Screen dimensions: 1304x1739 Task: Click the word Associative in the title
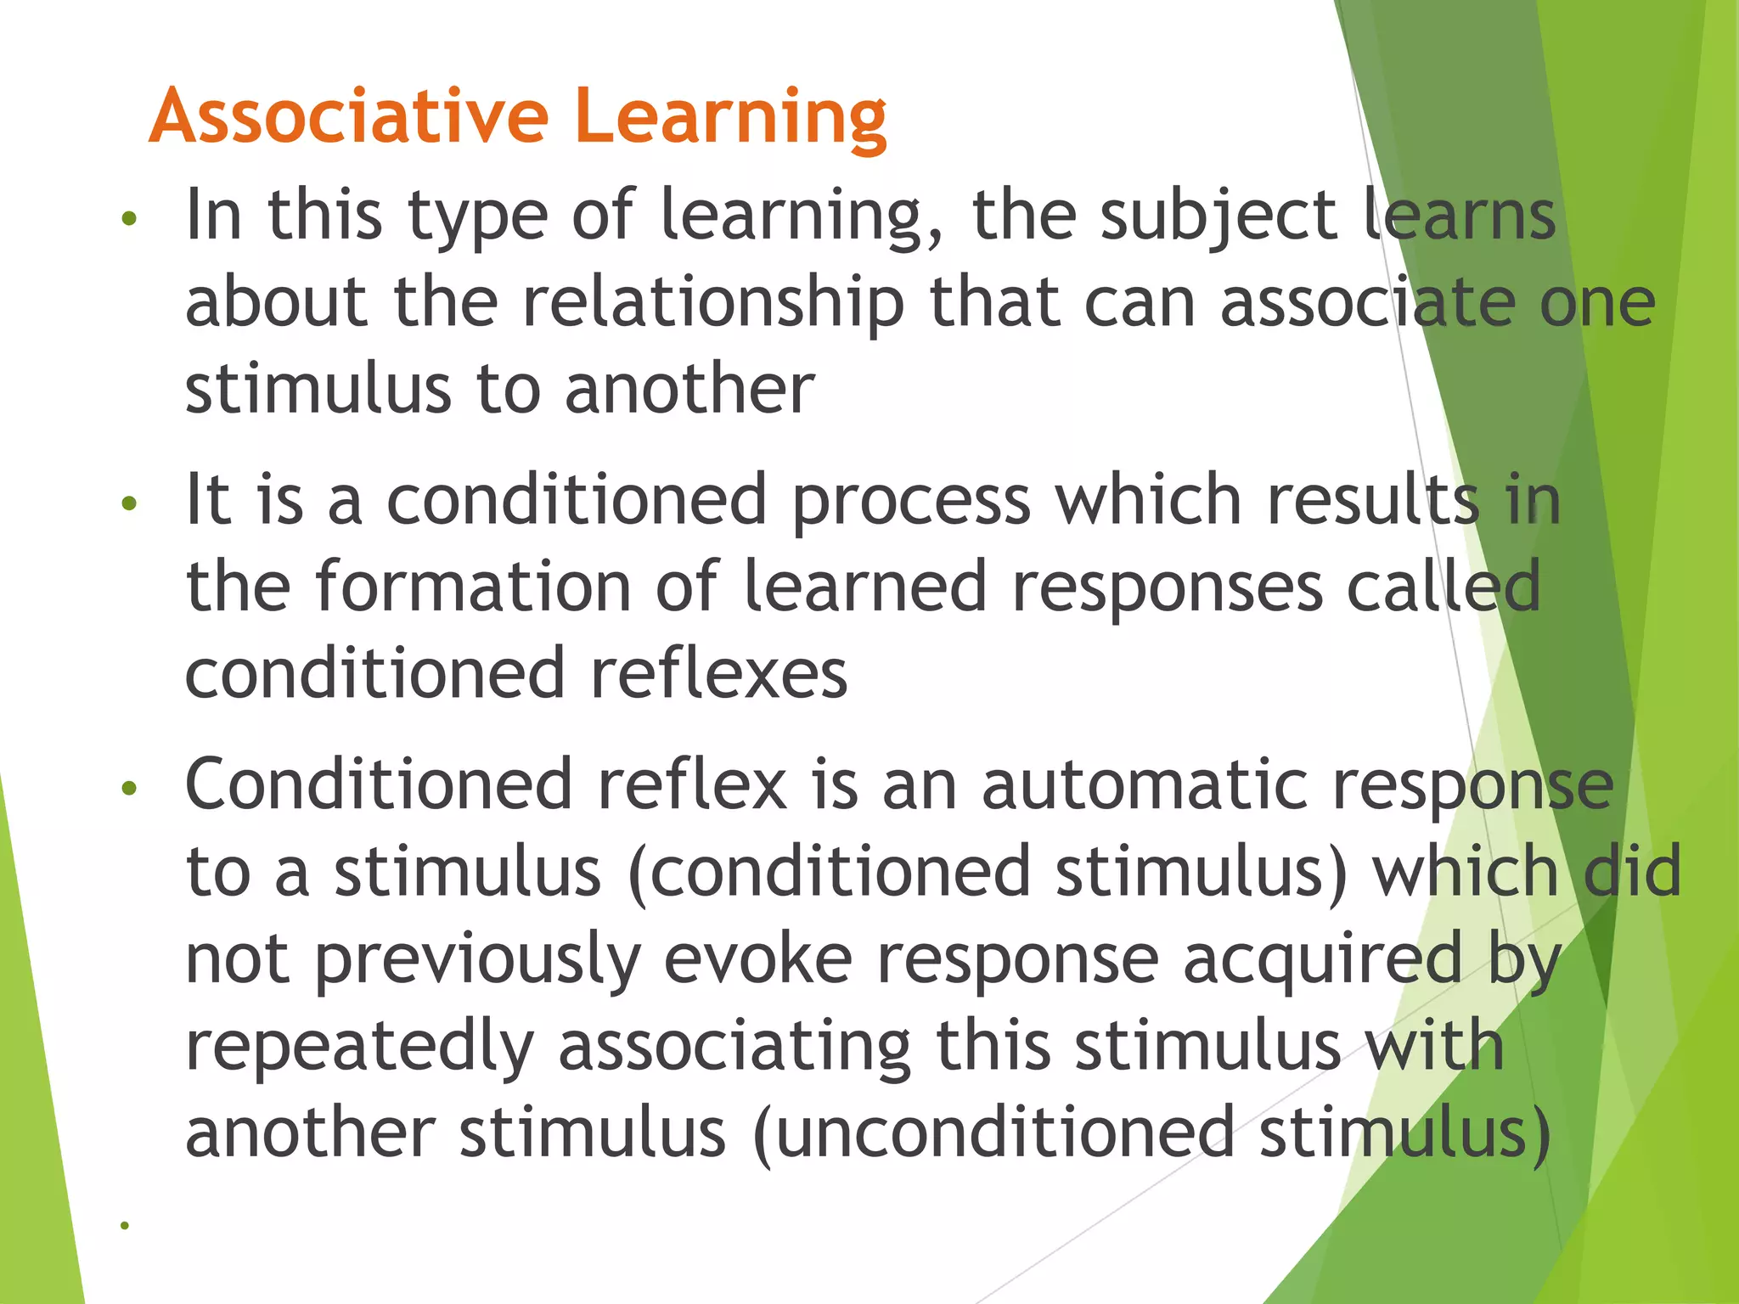tap(349, 116)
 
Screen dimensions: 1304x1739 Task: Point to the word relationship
tap(714, 304)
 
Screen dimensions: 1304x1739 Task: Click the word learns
tap(1460, 216)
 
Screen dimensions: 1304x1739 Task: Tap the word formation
tap(473, 587)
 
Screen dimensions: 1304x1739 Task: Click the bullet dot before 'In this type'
tap(129, 219)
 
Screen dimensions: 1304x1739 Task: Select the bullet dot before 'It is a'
tap(129, 504)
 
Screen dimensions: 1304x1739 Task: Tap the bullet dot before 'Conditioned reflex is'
tap(129, 789)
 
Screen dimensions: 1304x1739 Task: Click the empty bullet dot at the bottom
tap(125, 1225)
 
